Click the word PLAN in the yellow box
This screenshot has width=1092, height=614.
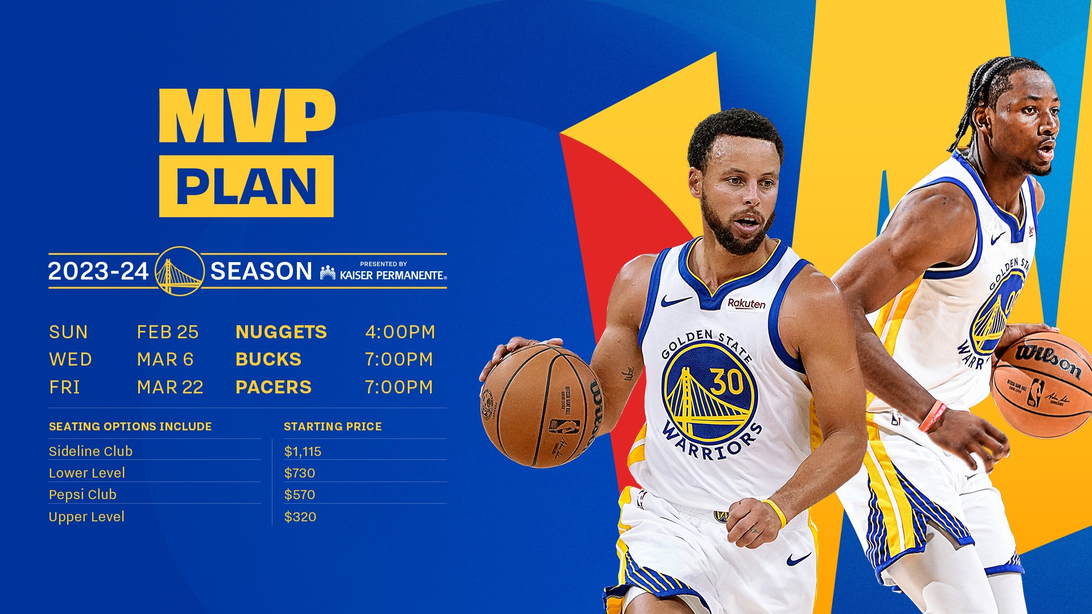point(246,186)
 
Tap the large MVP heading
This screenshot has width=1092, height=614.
point(247,116)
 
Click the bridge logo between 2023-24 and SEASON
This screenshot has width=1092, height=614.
point(179,271)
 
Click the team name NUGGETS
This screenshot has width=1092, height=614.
point(281,332)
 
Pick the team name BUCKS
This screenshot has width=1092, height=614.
point(268,359)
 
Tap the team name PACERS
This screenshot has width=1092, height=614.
point(274,387)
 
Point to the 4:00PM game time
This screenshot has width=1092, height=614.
point(400,332)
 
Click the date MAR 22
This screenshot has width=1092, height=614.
point(170,387)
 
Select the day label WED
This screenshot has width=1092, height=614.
point(71,359)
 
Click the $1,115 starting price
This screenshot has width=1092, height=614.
point(303,451)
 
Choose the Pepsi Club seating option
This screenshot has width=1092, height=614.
point(82,495)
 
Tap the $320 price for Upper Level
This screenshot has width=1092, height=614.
point(300,517)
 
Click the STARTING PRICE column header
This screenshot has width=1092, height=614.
point(333,426)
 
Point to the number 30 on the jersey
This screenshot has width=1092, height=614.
point(726,381)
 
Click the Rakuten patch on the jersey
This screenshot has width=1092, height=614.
point(746,304)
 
